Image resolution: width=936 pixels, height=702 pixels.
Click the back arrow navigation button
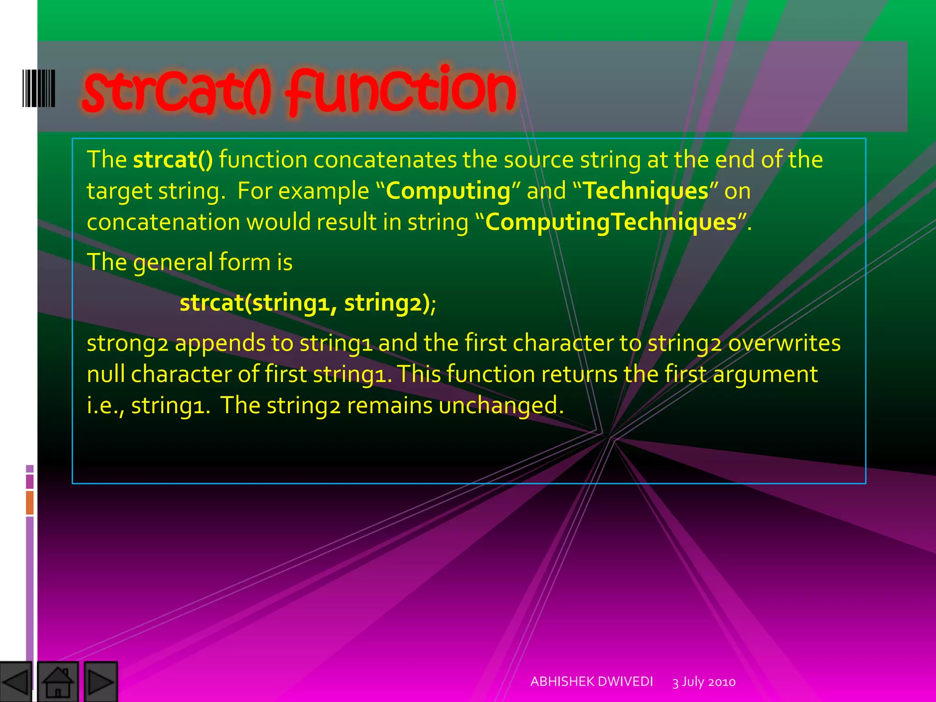[x=16, y=682]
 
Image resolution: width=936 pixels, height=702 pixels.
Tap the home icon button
[x=58, y=682]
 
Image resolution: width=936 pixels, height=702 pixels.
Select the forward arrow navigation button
[x=101, y=682]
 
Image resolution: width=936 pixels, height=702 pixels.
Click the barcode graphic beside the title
[x=39, y=88]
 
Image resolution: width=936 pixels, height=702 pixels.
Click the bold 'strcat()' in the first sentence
[x=173, y=160]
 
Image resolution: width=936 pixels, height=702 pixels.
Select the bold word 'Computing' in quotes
[x=448, y=191]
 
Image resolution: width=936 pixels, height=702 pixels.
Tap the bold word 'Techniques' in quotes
[x=646, y=191]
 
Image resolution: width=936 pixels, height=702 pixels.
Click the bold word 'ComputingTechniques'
[x=611, y=223]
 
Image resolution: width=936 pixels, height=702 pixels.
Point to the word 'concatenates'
[x=385, y=160]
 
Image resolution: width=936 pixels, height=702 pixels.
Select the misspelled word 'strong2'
[x=128, y=344]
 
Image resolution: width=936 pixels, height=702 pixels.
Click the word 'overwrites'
[x=784, y=343]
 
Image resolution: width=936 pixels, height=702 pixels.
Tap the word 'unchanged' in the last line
[x=498, y=405]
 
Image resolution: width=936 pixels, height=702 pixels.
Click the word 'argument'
[x=765, y=375]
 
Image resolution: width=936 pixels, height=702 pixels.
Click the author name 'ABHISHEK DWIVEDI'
[x=591, y=681]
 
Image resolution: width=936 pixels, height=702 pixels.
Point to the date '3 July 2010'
[x=704, y=682]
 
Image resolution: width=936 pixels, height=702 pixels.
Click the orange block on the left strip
[x=30, y=502]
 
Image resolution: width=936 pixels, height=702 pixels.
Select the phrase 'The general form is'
[x=190, y=262]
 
